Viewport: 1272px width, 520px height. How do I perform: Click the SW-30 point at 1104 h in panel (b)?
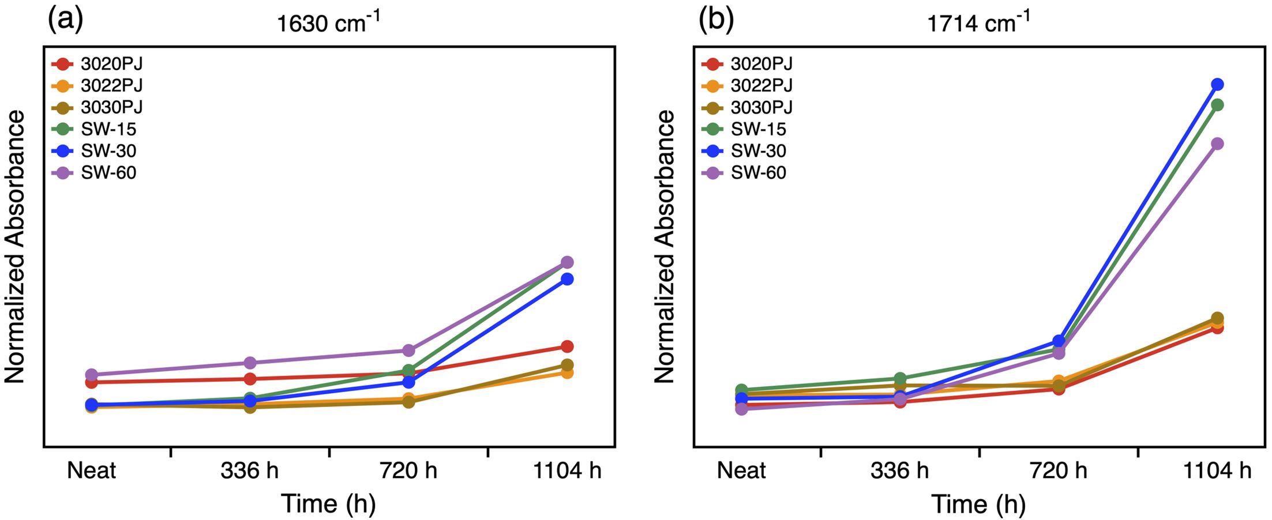point(1217,85)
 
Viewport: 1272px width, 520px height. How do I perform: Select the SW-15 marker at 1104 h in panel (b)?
point(1217,105)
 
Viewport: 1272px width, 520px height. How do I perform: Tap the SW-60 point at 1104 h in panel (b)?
point(1217,144)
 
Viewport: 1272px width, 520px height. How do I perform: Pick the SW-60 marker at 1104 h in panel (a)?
point(567,262)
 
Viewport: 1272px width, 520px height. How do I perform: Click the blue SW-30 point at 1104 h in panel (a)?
point(567,279)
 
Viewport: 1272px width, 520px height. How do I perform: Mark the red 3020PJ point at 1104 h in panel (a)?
point(567,346)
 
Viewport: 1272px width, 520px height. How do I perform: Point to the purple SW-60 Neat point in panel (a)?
point(91,375)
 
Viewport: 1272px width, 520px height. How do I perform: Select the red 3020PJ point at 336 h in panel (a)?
point(250,379)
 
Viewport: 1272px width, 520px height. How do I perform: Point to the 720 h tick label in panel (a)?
point(408,471)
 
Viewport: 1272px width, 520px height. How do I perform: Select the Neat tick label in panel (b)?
point(741,471)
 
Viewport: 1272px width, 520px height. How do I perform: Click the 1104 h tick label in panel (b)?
point(1217,471)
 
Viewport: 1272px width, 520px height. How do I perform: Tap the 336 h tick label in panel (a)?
point(249,471)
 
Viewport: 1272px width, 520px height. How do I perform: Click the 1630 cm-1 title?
point(328,22)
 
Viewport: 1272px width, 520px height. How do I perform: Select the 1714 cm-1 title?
point(978,22)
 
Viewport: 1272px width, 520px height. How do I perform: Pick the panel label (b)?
point(716,20)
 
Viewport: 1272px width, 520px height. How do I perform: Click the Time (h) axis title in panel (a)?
point(328,503)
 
